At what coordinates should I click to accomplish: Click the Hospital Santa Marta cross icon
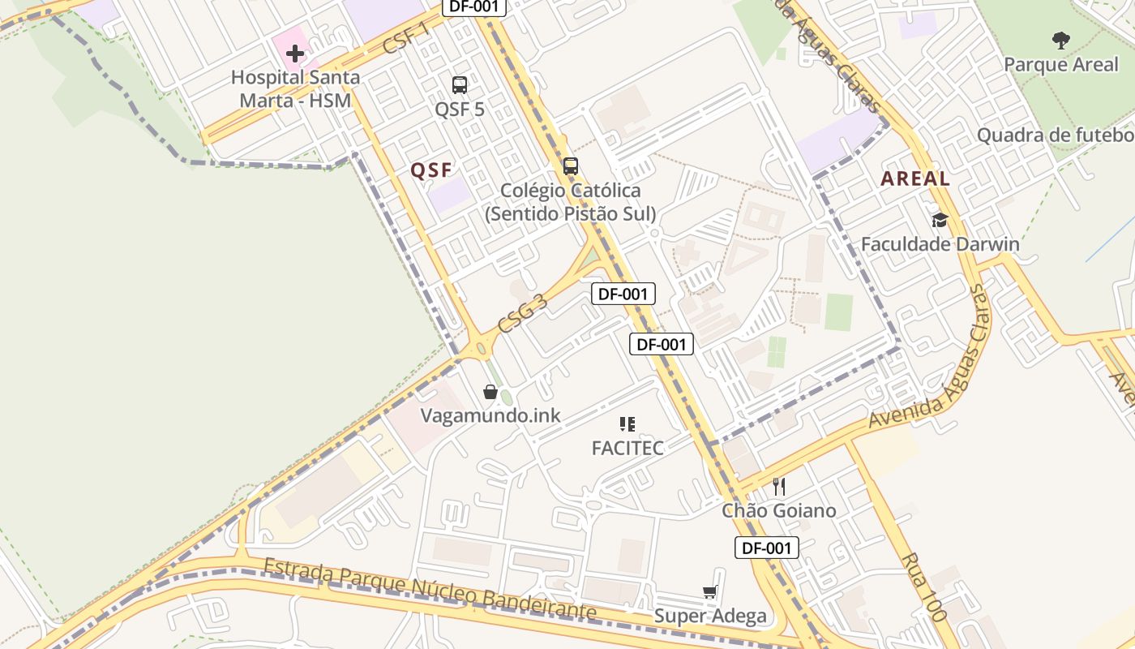tap(295, 54)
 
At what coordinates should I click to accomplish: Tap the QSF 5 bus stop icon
tap(460, 84)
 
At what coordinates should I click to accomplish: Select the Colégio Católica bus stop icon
tap(571, 166)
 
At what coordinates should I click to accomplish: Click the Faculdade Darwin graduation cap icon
tap(940, 220)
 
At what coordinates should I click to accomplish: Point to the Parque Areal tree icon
tap(1060, 40)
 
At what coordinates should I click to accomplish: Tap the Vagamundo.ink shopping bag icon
tap(490, 392)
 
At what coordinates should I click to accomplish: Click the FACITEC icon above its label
tap(627, 423)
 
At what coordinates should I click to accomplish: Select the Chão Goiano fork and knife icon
tap(779, 486)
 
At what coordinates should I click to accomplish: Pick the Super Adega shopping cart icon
tap(710, 591)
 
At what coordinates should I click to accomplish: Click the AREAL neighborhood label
tap(915, 179)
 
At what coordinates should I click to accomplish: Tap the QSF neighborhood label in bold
tap(430, 170)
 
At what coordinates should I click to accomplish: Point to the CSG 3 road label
tap(523, 314)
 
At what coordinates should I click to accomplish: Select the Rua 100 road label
tap(923, 587)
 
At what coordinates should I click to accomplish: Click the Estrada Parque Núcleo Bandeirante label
tap(430, 589)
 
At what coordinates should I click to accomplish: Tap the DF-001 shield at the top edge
tap(474, 6)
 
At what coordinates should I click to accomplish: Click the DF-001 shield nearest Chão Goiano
tap(767, 548)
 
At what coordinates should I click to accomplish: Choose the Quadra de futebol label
tap(1054, 135)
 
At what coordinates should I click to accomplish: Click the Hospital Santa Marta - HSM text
tap(296, 88)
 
